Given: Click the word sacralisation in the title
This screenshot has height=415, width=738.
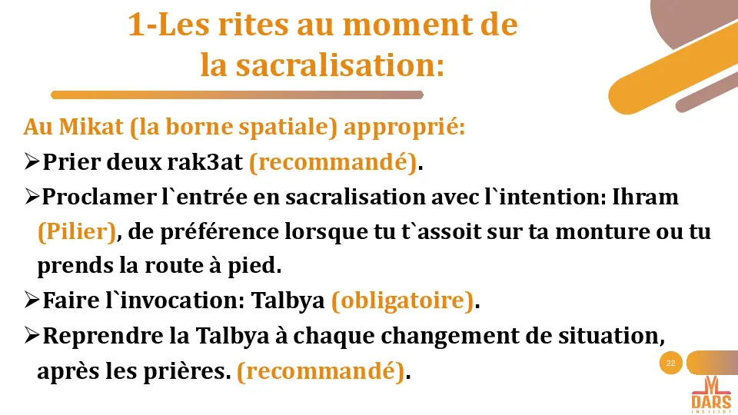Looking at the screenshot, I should pos(339,65).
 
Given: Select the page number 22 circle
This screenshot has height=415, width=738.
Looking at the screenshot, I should pos(671,363).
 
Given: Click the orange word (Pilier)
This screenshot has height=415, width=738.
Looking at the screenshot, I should pos(77,231).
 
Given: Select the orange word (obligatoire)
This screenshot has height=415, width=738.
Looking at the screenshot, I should pos(403,301).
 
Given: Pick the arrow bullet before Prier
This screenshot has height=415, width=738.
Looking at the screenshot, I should pos(32,162).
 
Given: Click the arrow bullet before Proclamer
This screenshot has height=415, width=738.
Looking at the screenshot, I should pos(32,197).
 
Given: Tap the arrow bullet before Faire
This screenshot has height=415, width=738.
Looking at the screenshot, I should pos(32,301).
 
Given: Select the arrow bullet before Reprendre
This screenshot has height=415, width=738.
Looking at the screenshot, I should pos(32,336).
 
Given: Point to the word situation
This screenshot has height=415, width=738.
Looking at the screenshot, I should pos(613,336).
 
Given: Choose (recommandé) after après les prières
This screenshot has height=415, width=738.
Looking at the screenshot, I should pos(321,371).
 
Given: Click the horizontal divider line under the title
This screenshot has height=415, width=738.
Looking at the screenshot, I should pos(237,95).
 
